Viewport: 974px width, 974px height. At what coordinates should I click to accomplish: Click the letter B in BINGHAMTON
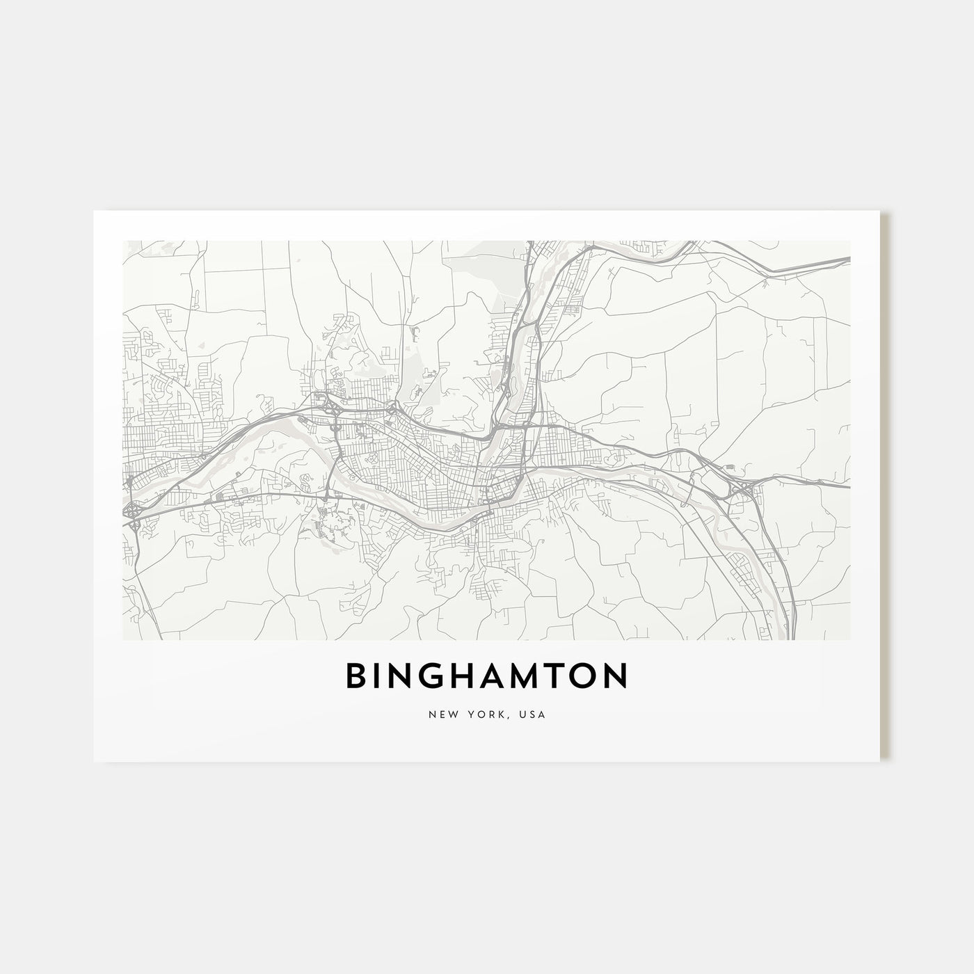pos(358,676)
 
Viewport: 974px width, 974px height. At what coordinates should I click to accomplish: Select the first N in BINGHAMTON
pos(406,676)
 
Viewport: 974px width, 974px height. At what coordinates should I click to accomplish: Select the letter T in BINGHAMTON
pos(562,676)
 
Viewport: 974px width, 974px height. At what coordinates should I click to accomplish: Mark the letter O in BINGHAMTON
pos(588,676)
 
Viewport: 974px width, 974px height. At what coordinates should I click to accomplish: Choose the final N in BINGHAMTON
pos(617,676)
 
